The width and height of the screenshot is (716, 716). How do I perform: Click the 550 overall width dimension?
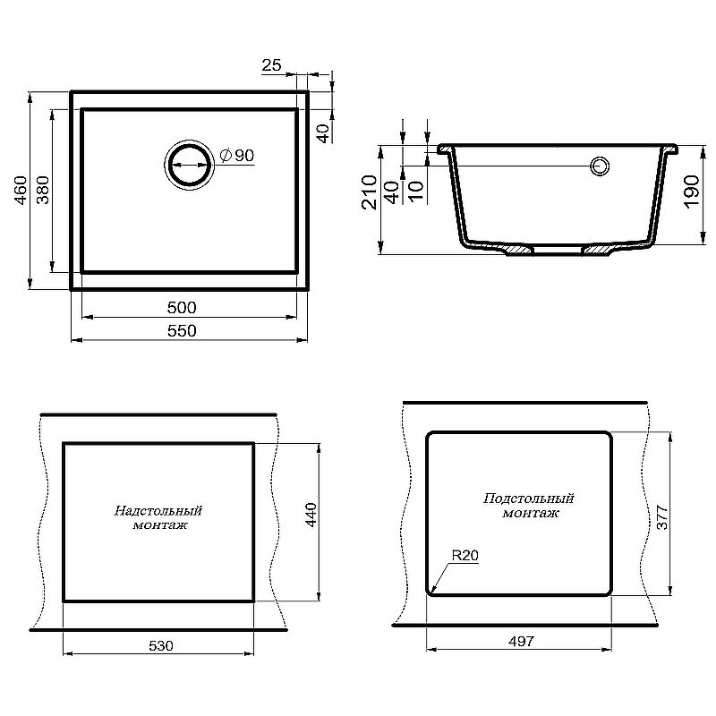click(182, 330)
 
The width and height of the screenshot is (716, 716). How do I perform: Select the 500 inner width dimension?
click(182, 307)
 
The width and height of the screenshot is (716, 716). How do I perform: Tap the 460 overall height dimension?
click(21, 190)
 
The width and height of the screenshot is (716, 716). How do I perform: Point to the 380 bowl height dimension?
click(42, 190)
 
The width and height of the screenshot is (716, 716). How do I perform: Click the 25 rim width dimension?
click(271, 64)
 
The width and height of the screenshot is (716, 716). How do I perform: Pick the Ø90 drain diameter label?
click(237, 155)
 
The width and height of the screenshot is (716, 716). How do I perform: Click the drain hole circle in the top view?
click(189, 165)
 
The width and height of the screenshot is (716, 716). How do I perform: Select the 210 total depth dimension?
click(370, 192)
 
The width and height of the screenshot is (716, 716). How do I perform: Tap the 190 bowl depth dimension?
click(691, 192)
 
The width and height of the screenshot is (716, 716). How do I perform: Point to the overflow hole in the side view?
click(600, 166)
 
